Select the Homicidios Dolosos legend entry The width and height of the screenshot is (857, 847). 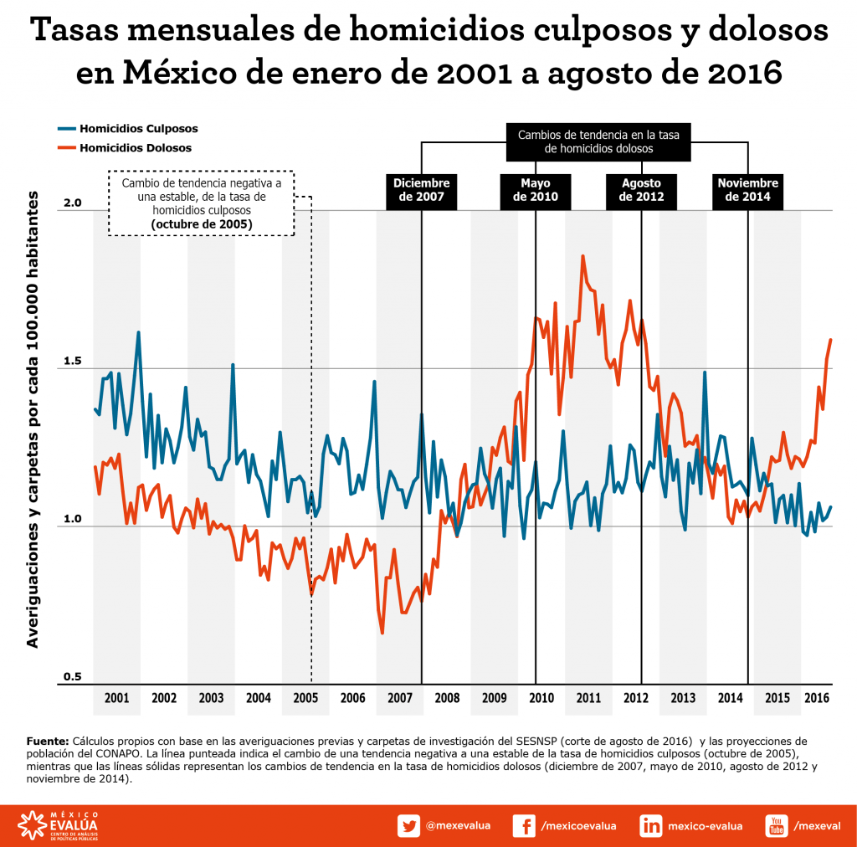(x=124, y=148)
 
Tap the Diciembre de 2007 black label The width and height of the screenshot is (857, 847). (x=422, y=191)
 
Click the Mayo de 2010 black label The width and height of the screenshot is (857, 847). (x=536, y=191)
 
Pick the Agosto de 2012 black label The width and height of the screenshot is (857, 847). (x=642, y=191)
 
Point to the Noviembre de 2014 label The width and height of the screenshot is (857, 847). (x=747, y=191)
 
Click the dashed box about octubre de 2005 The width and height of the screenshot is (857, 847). (x=201, y=204)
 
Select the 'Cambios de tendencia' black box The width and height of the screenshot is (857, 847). (x=598, y=141)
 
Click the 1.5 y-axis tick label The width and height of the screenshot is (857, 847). (x=73, y=362)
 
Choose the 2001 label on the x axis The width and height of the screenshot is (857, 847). (x=116, y=698)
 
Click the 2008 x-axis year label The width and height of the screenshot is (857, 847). (x=447, y=698)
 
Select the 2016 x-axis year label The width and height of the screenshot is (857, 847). (x=816, y=698)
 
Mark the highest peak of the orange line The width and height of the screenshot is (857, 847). (x=582, y=256)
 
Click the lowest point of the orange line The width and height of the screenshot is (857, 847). (x=382, y=633)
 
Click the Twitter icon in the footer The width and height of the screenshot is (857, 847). (x=408, y=825)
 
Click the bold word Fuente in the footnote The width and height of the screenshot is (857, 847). (x=47, y=742)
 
